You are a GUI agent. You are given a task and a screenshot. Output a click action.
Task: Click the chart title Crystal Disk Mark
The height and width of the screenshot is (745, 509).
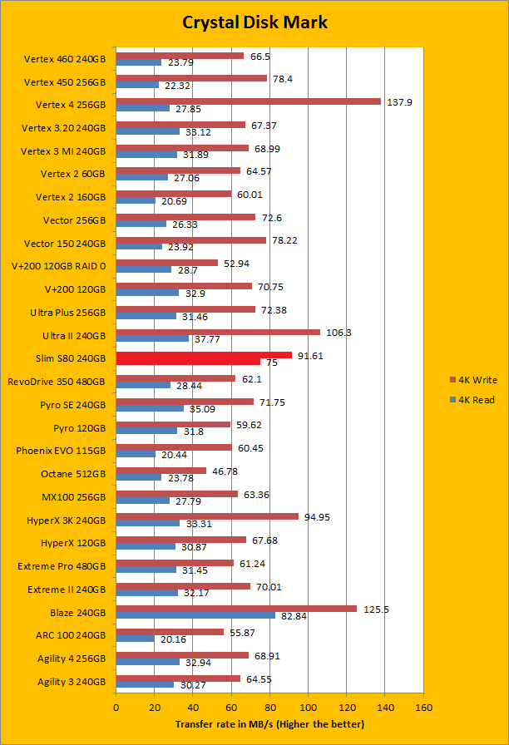tap(255, 22)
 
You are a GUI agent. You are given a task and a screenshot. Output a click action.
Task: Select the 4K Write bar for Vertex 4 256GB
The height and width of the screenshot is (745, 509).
tap(248, 101)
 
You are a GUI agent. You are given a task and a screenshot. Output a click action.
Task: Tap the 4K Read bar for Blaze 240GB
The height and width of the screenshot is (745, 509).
tap(195, 615)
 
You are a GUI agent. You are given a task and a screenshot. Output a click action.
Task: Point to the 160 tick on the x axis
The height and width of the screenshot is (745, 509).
tap(423, 708)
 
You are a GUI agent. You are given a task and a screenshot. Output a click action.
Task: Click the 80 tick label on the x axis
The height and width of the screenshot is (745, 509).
tap(269, 708)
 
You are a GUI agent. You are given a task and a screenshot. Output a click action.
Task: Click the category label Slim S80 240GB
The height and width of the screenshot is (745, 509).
tap(72, 358)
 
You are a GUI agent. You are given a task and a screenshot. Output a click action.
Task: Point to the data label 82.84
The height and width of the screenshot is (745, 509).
tap(294, 615)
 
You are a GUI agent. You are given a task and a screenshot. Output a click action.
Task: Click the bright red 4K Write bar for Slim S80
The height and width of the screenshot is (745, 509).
tap(204, 355)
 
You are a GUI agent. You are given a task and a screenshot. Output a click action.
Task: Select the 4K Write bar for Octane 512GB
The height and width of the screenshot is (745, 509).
tap(161, 470)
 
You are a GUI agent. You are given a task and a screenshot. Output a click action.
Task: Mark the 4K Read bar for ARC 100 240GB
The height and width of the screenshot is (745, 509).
tap(135, 639)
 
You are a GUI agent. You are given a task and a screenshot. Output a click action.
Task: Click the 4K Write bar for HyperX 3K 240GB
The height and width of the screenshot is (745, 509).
tap(207, 516)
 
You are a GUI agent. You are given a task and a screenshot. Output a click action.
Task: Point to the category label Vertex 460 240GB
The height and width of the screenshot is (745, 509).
tap(65, 59)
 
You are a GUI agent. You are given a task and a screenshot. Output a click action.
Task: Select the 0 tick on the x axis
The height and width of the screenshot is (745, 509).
tap(116, 708)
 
